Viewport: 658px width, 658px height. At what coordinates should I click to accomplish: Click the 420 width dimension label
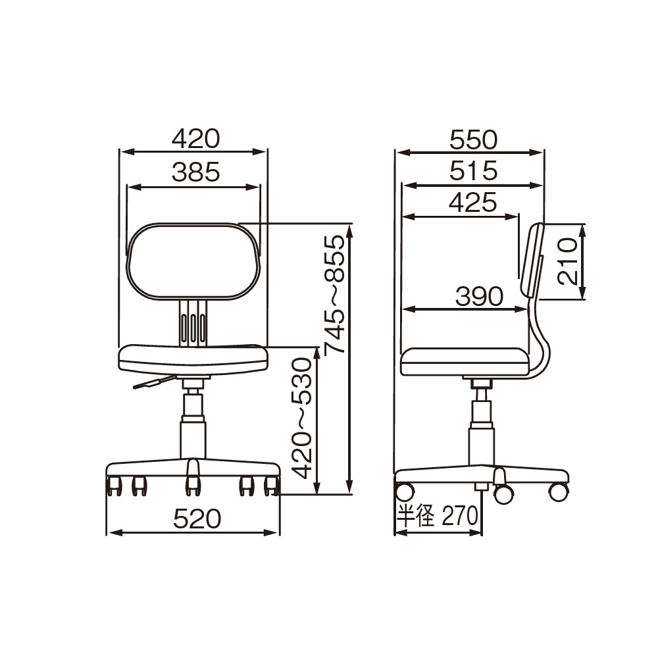click(x=195, y=138)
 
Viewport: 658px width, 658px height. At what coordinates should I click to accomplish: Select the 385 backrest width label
click(x=195, y=172)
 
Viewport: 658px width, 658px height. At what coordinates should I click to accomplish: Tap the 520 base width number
click(x=197, y=519)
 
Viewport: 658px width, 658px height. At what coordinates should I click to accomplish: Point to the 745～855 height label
click(x=334, y=293)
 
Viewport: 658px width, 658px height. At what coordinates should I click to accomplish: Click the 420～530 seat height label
click(x=302, y=418)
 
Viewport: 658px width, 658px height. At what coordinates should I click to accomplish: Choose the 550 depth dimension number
click(x=473, y=139)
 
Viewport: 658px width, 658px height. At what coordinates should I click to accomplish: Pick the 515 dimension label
click(x=473, y=171)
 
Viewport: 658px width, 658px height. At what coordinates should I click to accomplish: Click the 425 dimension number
click(x=473, y=203)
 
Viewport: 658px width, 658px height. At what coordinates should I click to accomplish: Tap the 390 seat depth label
click(x=479, y=296)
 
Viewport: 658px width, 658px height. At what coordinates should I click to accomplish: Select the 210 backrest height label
click(x=568, y=261)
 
